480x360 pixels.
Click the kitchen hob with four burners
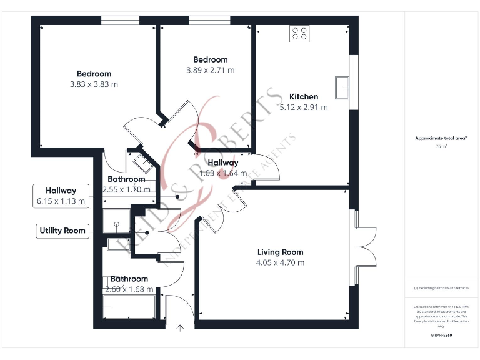[x=299, y=33]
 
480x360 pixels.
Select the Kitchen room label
[x=304, y=97]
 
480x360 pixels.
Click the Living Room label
[x=280, y=252]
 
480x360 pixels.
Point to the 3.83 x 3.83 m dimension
[x=94, y=84]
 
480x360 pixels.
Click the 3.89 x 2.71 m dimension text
[x=211, y=70]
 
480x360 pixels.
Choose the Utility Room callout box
[x=62, y=231]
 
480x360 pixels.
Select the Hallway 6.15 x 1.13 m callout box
[x=61, y=196]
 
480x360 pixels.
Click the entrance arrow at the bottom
[x=181, y=327]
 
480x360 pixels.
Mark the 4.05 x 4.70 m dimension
[x=280, y=262]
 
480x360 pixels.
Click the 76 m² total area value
[x=441, y=146]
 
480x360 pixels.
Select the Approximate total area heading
[x=441, y=138]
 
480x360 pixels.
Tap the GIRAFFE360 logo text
[x=441, y=336]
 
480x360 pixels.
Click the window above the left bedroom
[x=121, y=21]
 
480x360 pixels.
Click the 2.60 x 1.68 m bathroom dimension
[x=129, y=289]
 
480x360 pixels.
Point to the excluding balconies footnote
[x=441, y=287]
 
